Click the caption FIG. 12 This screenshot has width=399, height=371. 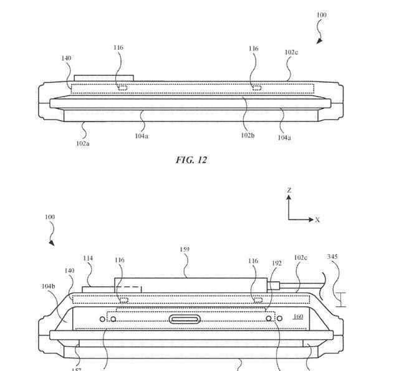coord(191,160)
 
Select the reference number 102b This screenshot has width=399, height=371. coord(248,135)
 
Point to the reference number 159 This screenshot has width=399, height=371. coord(185,250)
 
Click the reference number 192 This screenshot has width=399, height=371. coord(276,263)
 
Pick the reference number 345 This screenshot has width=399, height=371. coord(333,256)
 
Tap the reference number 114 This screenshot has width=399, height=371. coord(88,258)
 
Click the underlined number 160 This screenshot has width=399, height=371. coord(298,317)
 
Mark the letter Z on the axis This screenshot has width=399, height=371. coord(289,190)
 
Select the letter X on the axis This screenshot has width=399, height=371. coord(317,220)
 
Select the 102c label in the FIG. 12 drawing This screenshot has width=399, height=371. coord(291,52)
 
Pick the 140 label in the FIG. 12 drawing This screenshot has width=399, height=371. coord(66,59)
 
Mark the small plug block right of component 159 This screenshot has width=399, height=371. coord(275,286)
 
